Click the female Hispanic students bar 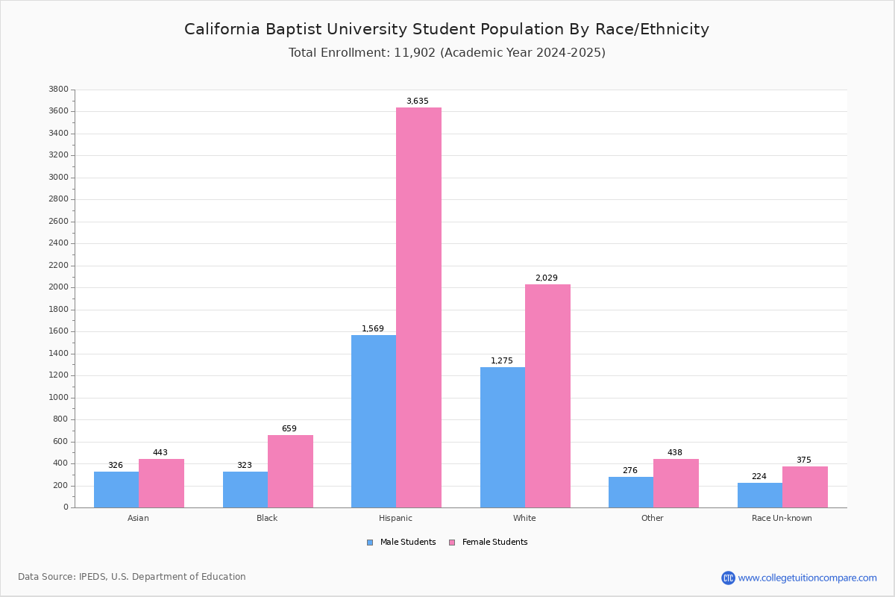[418, 307]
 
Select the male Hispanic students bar [374, 422]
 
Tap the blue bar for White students [503, 437]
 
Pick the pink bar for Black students [290, 472]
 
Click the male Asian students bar [116, 490]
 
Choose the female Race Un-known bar [805, 487]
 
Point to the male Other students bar [631, 493]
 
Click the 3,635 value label [418, 101]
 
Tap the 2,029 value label [547, 278]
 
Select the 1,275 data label [502, 360]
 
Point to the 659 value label [289, 428]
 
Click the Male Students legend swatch [370, 543]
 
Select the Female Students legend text [494, 543]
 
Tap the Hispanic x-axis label [395, 518]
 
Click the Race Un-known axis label [782, 518]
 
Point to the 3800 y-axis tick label [58, 90]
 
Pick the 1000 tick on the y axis [58, 398]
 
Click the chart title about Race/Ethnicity [447, 29]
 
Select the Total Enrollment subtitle [447, 52]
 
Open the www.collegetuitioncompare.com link [807, 578]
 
